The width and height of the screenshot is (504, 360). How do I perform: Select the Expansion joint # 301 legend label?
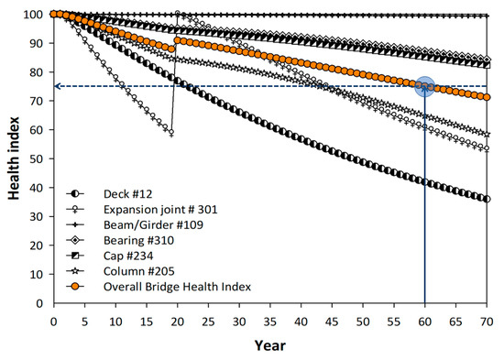[160, 210]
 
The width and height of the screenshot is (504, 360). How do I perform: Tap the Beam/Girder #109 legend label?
[153, 225]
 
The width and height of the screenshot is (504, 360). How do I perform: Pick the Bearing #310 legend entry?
[138, 240]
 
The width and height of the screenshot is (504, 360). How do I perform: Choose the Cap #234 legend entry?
[128, 256]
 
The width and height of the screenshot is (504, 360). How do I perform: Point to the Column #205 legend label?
[139, 271]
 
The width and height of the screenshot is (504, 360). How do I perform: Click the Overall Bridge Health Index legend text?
[177, 287]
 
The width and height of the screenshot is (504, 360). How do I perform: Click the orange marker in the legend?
[75, 287]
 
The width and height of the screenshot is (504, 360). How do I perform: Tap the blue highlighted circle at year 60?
[424, 86]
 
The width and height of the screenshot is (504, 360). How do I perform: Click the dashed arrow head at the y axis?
[57, 86]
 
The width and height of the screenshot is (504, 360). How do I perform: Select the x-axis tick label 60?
[424, 322]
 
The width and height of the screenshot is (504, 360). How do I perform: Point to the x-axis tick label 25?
[208, 322]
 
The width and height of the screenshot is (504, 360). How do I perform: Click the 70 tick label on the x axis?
[487, 322]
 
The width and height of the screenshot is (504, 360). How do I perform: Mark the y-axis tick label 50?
[36, 158]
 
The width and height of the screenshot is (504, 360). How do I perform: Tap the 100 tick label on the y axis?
[33, 15]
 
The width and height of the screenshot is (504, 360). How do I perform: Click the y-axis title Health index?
[14, 158]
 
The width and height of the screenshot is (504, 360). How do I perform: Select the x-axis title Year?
[270, 346]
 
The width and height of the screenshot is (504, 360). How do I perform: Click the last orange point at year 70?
[487, 97]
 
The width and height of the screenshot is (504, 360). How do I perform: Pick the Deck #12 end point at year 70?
[487, 199]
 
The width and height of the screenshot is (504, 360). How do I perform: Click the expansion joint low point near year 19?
[171, 132]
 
